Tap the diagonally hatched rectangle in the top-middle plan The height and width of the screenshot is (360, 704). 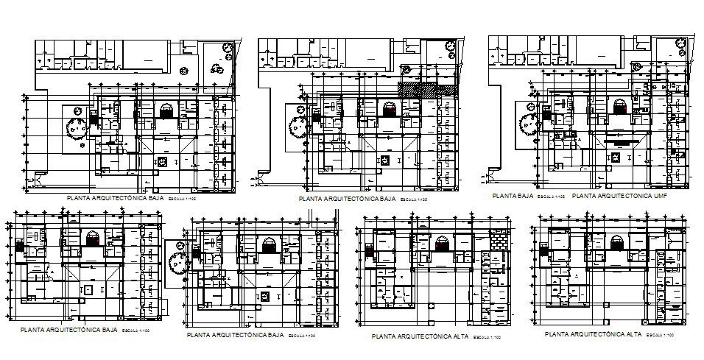click(426, 88)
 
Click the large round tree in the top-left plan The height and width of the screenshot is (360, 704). click(77, 128)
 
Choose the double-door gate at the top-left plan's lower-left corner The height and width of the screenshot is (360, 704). click(32, 181)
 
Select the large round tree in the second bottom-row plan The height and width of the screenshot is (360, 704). click(177, 261)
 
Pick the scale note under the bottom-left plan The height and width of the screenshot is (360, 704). click(136, 330)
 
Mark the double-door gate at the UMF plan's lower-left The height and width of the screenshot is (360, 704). click(485, 178)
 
